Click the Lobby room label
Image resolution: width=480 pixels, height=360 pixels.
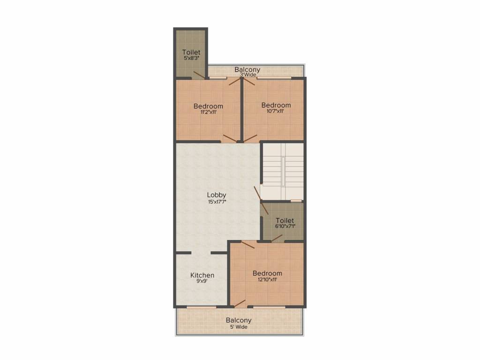(217, 195)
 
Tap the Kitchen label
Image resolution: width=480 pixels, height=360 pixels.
(202, 275)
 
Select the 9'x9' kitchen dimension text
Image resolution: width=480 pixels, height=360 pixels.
(202, 282)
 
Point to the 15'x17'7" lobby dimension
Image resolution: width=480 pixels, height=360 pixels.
(217, 202)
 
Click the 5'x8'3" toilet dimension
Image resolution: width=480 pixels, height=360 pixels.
(191, 58)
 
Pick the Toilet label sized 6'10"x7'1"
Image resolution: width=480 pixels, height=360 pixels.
(285, 220)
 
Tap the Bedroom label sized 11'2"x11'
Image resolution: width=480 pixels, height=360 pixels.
(208, 106)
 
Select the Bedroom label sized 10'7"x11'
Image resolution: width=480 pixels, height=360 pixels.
(276, 105)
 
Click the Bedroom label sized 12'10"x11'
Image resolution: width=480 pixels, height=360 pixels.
(267, 273)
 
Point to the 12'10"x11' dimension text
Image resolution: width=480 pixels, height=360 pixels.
(267, 280)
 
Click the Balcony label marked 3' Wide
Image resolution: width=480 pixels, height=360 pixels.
(247, 70)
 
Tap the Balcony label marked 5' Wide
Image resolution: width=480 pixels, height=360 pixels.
(239, 320)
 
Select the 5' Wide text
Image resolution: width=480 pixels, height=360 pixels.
(239, 327)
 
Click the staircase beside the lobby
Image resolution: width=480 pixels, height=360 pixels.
(283, 171)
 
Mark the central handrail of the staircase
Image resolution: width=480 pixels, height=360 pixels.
(283, 171)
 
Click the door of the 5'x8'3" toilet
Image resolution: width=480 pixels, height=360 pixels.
(199, 75)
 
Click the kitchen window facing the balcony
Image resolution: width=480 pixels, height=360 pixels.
(202, 307)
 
